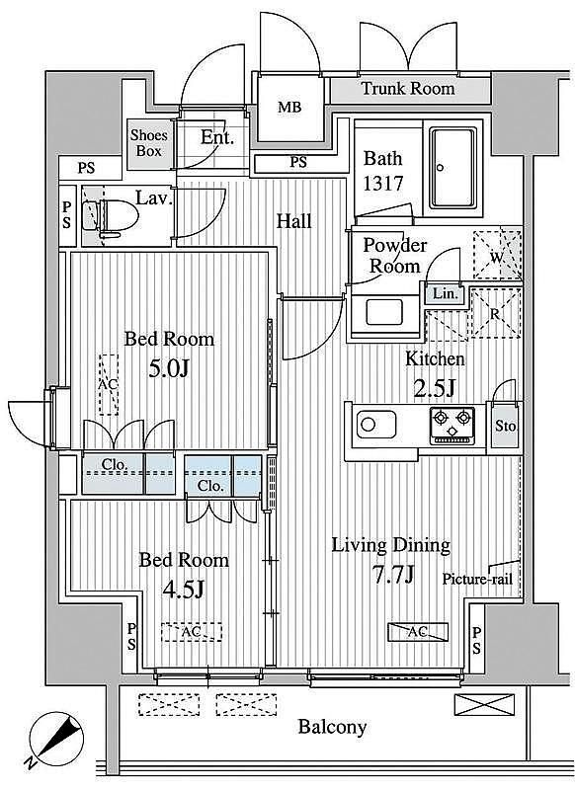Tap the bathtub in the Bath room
coord(452,168)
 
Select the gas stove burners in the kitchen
coord(452,426)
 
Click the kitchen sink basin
coord(376,425)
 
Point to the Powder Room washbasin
coord(384,312)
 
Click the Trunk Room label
coord(408,89)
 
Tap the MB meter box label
coord(289,107)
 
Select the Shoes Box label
coord(148,143)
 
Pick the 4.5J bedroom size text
coord(183,589)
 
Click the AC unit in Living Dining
coord(417,632)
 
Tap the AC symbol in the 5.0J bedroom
coord(109,384)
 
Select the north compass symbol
coord(55,739)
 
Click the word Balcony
coord(332,727)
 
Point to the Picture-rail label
coord(477,580)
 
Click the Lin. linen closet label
coord(446,294)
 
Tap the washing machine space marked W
coord(497,255)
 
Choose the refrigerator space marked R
coord(495,312)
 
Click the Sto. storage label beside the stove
coord(505,427)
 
